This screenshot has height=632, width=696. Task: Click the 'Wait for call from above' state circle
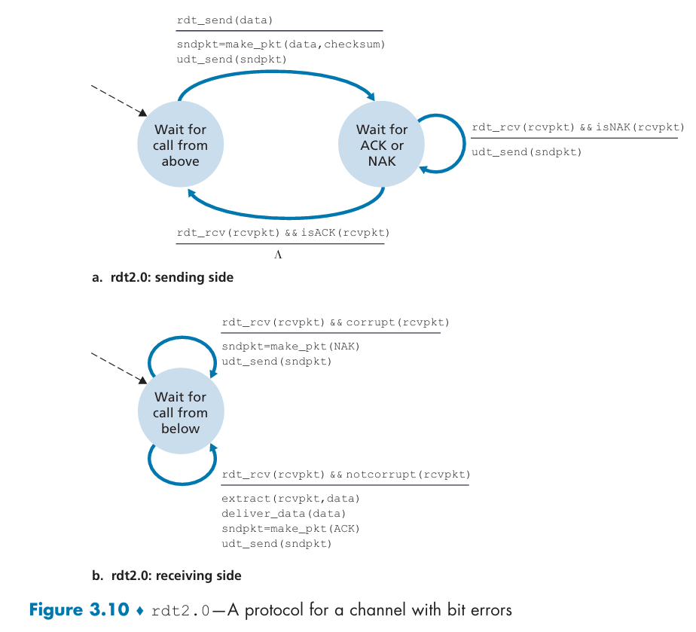point(180,144)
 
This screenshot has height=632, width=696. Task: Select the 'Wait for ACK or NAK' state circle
point(382,144)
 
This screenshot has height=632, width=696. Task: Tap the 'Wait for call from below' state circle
point(181,411)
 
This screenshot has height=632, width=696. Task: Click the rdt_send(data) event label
point(224,20)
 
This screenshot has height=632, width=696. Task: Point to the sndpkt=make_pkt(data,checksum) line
point(280,44)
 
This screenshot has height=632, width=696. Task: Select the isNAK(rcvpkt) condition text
point(640,127)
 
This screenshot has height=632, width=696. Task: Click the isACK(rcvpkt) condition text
point(345,233)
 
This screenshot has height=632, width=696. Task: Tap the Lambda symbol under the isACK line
point(278,255)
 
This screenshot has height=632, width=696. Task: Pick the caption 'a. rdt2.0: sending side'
point(163,277)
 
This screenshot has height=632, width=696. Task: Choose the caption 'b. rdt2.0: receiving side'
point(166,576)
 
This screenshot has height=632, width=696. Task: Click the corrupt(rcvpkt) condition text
point(397,322)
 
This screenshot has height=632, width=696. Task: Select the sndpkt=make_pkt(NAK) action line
point(290,347)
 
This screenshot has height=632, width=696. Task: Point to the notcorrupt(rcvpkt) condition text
point(408,475)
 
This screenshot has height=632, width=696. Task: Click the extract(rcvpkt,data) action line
point(290,499)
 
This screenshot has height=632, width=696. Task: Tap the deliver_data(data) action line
point(283,514)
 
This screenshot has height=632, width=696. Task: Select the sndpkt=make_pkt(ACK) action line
point(290,529)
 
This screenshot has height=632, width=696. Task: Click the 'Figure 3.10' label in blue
point(79,610)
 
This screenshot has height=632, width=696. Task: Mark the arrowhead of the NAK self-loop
point(423,169)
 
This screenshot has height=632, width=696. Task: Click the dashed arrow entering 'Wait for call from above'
point(118,101)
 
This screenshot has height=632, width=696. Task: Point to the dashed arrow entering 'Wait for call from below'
point(118,368)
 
